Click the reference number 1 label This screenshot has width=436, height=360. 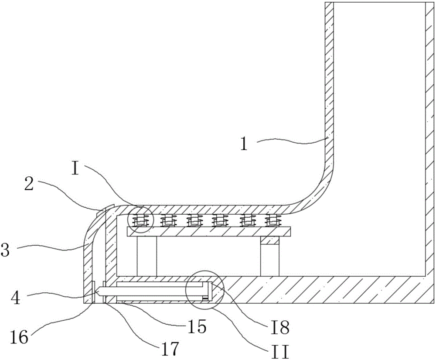point(244,144)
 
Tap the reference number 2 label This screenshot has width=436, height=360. point(29,184)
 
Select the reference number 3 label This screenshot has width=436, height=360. point(5,250)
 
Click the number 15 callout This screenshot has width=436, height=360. point(197,326)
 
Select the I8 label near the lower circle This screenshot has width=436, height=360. point(280,327)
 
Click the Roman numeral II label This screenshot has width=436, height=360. point(280,352)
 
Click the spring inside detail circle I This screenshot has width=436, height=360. point(140,220)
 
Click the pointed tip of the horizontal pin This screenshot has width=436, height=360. point(96,291)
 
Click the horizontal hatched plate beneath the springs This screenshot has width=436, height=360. point(209,231)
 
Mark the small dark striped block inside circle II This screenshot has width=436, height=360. point(205,299)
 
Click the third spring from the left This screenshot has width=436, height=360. point(193,220)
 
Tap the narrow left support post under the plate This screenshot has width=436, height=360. point(147,256)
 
